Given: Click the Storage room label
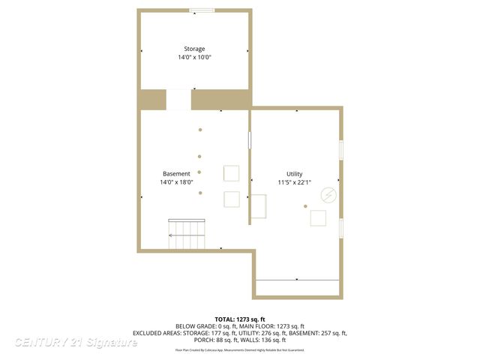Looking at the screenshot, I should click(194, 49).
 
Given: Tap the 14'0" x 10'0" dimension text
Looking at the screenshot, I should click(194, 58).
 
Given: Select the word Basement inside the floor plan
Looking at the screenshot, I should click(175, 173).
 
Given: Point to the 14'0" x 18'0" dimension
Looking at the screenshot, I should click(176, 181).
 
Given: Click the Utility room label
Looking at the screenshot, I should click(294, 173).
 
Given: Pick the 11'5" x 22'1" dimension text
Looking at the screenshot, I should click(294, 182).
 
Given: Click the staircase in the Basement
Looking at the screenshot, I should click(187, 235).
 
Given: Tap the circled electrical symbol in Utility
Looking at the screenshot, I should click(328, 195).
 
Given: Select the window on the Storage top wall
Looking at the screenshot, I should click(201, 10).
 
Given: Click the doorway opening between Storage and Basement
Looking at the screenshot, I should click(178, 100).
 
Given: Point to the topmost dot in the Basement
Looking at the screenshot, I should click(200, 130).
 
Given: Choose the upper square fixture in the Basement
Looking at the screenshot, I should click(232, 173).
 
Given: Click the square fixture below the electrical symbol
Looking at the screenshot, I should click(319, 218).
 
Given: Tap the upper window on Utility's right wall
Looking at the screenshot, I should click(340, 149).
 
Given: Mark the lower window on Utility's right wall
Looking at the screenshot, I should click(340, 229).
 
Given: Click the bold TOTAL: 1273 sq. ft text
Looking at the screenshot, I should click(240, 319).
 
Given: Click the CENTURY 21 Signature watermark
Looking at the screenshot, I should click(76, 342).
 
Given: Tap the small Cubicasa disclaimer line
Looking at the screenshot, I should click(240, 350).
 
